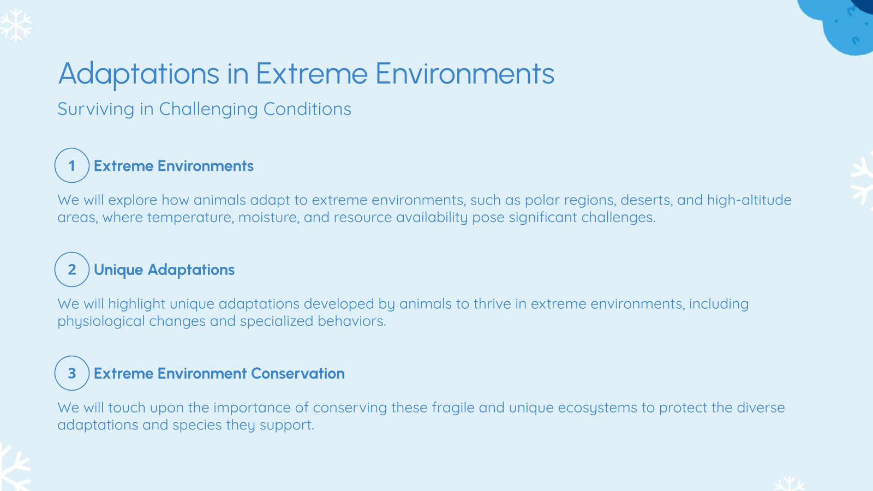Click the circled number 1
[x=71, y=165]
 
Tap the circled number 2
[x=71, y=269]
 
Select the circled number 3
[x=71, y=373]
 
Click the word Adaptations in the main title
[x=139, y=74]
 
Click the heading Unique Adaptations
[x=164, y=270]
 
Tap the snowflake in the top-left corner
[x=15, y=25]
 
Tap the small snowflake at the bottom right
[x=789, y=483]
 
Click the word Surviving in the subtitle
[x=95, y=109]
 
